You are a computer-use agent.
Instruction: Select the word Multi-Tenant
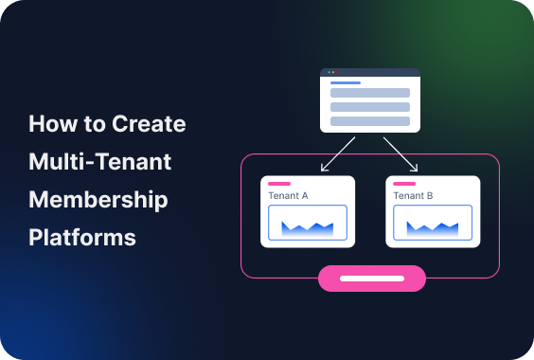(99, 162)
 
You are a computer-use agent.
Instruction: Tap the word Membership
(98, 200)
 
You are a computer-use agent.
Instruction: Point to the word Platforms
(82, 237)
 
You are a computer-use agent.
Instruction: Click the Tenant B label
(413, 195)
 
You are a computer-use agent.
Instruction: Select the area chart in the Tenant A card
(308, 225)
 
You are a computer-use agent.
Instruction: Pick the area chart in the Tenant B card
(433, 225)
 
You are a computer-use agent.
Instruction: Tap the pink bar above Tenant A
(279, 183)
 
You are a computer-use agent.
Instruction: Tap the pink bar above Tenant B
(404, 183)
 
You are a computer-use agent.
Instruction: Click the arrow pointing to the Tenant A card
(337, 154)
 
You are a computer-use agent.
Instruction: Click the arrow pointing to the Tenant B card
(401, 154)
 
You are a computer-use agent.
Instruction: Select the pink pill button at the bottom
(372, 279)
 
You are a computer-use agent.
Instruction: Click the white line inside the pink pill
(372, 279)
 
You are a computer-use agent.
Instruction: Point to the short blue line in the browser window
(345, 82)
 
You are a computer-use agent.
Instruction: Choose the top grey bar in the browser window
(369, 93)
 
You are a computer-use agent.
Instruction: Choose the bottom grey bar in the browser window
(369, 121)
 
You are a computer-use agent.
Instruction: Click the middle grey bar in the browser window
(369, 107)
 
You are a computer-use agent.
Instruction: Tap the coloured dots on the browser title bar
(332, 72)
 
